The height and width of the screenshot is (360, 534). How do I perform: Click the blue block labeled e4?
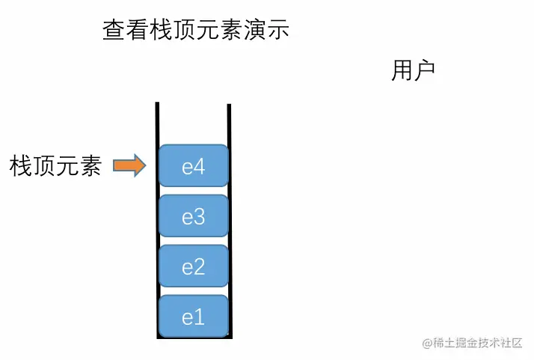coord(193,165)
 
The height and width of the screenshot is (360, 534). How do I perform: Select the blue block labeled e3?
coord(193,216)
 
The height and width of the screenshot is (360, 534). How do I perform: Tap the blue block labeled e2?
coord(193,266)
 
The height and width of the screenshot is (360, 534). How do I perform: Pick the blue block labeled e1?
coord(193,317)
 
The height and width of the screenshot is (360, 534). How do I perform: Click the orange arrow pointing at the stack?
coord(129,165)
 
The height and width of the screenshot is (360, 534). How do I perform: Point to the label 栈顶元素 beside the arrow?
coord(55,165)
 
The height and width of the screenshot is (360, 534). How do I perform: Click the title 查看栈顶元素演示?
coord(195,30)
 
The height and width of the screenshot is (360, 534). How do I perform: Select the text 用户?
coord(413,70)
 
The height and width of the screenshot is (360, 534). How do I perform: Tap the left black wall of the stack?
coord(157,225)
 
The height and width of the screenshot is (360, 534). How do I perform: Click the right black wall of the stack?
coord(229,225)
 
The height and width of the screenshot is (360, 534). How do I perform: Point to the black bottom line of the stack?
coord(193,339)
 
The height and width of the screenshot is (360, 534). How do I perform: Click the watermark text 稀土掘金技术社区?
coord(478,344)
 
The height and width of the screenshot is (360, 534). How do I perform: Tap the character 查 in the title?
coord(113,30)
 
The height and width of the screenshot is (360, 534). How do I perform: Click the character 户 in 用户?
coord(424,70)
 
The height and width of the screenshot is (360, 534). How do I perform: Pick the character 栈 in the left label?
coord(21,165)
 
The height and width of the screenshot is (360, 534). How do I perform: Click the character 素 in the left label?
coord(90,165)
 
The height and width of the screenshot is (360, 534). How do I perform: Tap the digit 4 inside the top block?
coord(199,166)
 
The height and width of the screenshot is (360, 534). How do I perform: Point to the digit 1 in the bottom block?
coord(199,317)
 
